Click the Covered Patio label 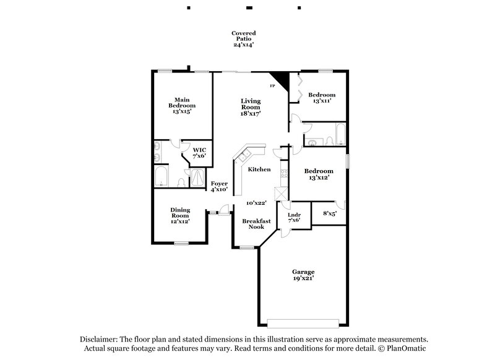pyautogui.click(x=243, y=39)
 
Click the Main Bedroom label pyautogui.click(x=181, y=106)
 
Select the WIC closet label pyautogui.click(x=199, y=153)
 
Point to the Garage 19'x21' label pyautogui.click(x=303, y=275)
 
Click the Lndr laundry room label pyautogui.click(x=295, y=217)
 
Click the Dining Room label pyautogui.click(x=181, y=215)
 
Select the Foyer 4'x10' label pyautogui.click(x=219, y=186)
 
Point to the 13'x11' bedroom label pyautogui.click(x=322, y=98)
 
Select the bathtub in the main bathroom pyautogui.click(x=160, y=176)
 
